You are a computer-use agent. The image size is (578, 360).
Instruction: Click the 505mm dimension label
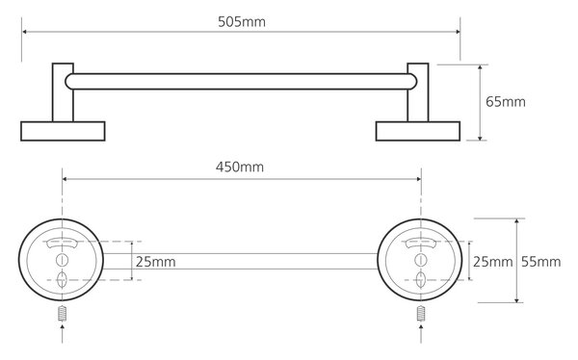[x=242, y=22]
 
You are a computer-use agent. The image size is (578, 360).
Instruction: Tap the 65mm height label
[x=506, y=102]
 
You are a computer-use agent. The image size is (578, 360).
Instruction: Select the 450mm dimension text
[x=240, y=167]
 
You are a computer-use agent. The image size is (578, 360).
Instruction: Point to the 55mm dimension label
[x=540, y=262]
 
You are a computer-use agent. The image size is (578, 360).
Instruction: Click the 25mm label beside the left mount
[x=155, y=262]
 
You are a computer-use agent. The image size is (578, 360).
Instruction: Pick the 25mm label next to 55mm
[x=493, y=262]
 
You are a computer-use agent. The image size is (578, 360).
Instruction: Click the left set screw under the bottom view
[x=63, y=314]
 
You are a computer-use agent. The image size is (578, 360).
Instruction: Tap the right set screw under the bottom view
[x=421, y=314]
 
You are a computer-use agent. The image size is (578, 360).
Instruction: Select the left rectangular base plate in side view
[x=63, y=131]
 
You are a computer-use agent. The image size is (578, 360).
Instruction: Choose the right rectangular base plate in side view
[x=418, y=131]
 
